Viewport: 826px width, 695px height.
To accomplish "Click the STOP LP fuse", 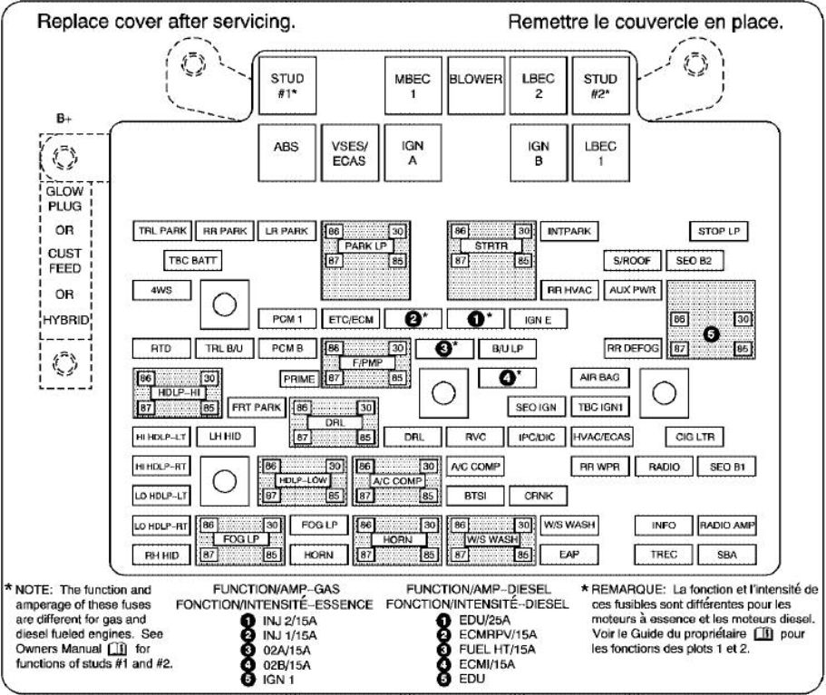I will point(719,232).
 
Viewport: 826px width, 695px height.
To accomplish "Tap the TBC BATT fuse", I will point(192,261).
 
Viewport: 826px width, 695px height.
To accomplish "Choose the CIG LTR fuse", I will point(695,437).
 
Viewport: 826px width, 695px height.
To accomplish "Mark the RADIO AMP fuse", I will point(727,526).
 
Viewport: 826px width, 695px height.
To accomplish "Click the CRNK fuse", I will point(539,496).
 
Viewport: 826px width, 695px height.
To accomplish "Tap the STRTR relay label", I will point(491,246).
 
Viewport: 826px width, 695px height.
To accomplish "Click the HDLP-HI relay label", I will point(178,393).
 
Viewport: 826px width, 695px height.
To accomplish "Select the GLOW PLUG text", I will point(64,201).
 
